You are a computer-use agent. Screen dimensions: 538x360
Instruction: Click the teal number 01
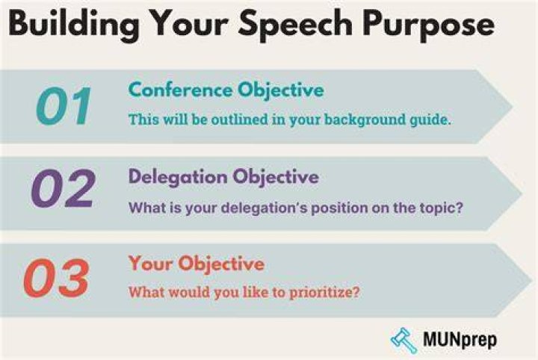pos(64,106)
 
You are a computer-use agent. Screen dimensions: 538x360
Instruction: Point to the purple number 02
pos(63,188)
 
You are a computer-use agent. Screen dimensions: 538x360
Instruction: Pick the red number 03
pos(57,278)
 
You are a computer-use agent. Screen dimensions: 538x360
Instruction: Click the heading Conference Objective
pos(226,91)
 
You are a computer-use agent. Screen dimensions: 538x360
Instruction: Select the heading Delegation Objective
pos(223,178)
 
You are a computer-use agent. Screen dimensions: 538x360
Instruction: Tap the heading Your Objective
pos(197,264)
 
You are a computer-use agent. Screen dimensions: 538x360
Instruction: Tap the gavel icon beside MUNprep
pos(404,340)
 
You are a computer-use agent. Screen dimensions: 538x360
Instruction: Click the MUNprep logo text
pos(460,340)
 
